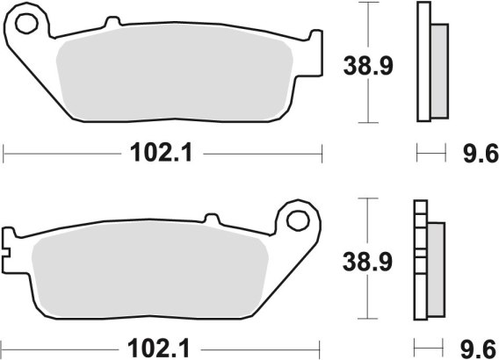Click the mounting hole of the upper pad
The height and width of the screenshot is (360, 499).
(27, 24)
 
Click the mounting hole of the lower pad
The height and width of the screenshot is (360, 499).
(298, 220)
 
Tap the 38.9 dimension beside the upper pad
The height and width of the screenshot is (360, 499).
(368, 66)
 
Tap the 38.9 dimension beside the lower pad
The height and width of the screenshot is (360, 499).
(367, 263)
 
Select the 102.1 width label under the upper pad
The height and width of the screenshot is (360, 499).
(162, 153)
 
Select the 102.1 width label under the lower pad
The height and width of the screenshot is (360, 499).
(159, 349)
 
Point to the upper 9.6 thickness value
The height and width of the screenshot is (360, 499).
(481, 154)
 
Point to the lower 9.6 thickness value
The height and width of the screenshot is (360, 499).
(478, 349)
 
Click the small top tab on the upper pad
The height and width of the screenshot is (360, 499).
(113, 21)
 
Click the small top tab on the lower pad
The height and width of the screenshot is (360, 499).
(212, 219)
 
